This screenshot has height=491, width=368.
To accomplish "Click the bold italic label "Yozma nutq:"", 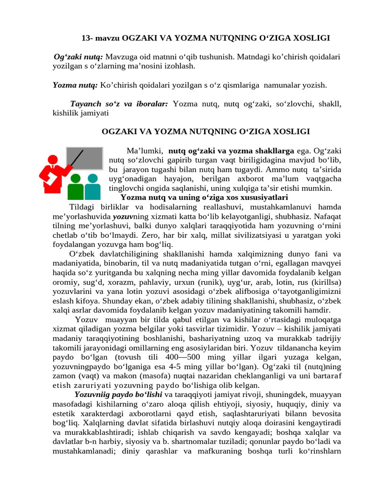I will (75, 85).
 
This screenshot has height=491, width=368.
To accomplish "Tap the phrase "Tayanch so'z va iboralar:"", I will (119, 104).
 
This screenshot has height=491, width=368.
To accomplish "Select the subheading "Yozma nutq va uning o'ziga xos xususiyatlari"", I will (204, 198).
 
